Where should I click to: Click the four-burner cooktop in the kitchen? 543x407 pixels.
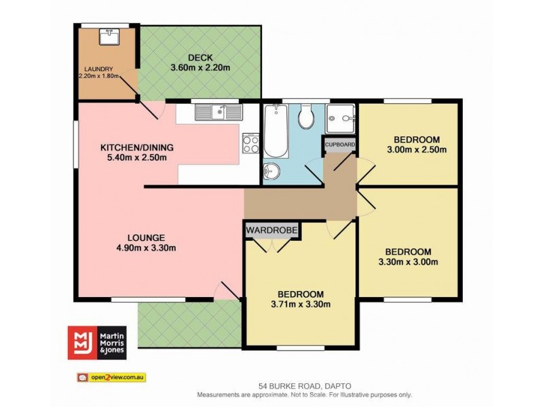[250, 144]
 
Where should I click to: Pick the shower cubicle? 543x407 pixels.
[340, 120]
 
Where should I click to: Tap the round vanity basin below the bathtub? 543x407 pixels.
[271, 168]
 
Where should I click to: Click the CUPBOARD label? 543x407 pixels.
[340, 144]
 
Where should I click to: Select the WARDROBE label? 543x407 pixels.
[272, 230]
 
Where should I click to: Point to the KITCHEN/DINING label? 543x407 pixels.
[137, 147]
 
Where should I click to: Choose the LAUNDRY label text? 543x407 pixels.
[98, 69]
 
